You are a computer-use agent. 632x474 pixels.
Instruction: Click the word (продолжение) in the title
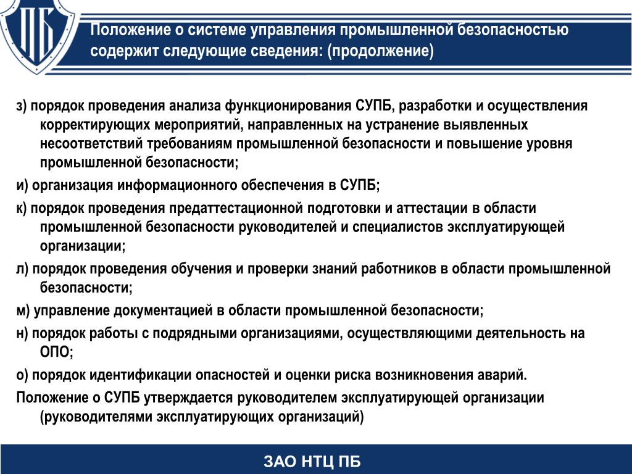(380, 51)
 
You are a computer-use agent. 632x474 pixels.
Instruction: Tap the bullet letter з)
(22, 106)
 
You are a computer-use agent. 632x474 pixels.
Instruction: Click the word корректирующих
(95, 125)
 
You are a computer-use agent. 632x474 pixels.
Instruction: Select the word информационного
(177, 185)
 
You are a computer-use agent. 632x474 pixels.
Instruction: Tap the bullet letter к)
(22, 208)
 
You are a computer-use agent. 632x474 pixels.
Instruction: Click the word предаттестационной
(236, 208)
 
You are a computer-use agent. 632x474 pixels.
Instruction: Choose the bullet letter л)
(22, 269)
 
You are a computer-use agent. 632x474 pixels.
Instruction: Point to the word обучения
(201, 269)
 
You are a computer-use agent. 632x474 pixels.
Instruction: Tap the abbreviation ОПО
(55, 352)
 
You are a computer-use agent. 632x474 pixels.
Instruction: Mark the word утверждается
(188, 398)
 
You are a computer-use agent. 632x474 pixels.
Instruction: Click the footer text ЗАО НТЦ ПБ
(312, 462)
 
